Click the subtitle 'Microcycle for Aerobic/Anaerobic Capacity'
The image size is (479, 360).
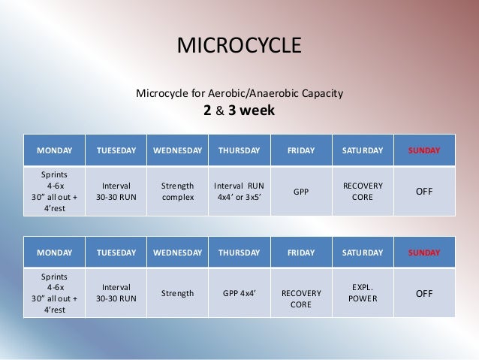click(x=239, y=94)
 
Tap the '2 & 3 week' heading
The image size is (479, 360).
click(x=239, y=111)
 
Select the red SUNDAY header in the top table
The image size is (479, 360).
click(x=424, y=150)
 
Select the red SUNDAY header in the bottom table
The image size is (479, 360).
click(x=424, y=253)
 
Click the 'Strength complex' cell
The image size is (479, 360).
click(x=178, y=192)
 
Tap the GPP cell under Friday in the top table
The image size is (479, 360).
click(x=301, y=192)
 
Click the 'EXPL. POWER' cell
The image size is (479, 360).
click(x=363, y=293)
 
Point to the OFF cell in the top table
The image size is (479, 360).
click(x=424, y=192)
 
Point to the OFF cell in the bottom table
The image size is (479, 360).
click(x=424, y=293)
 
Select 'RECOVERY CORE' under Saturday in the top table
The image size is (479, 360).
click(x=363, y=192)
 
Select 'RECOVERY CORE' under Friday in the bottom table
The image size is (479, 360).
click(x=301, y=298)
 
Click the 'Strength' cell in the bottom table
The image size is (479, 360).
click(x=178, y=293)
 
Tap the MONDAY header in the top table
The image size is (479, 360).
click(x=55, y=150)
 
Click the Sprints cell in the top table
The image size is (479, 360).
click(x=55, y=192)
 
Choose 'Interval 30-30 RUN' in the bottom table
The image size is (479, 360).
click(x=116, y=293)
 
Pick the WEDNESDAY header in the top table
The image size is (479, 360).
click(x=178, y=150)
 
